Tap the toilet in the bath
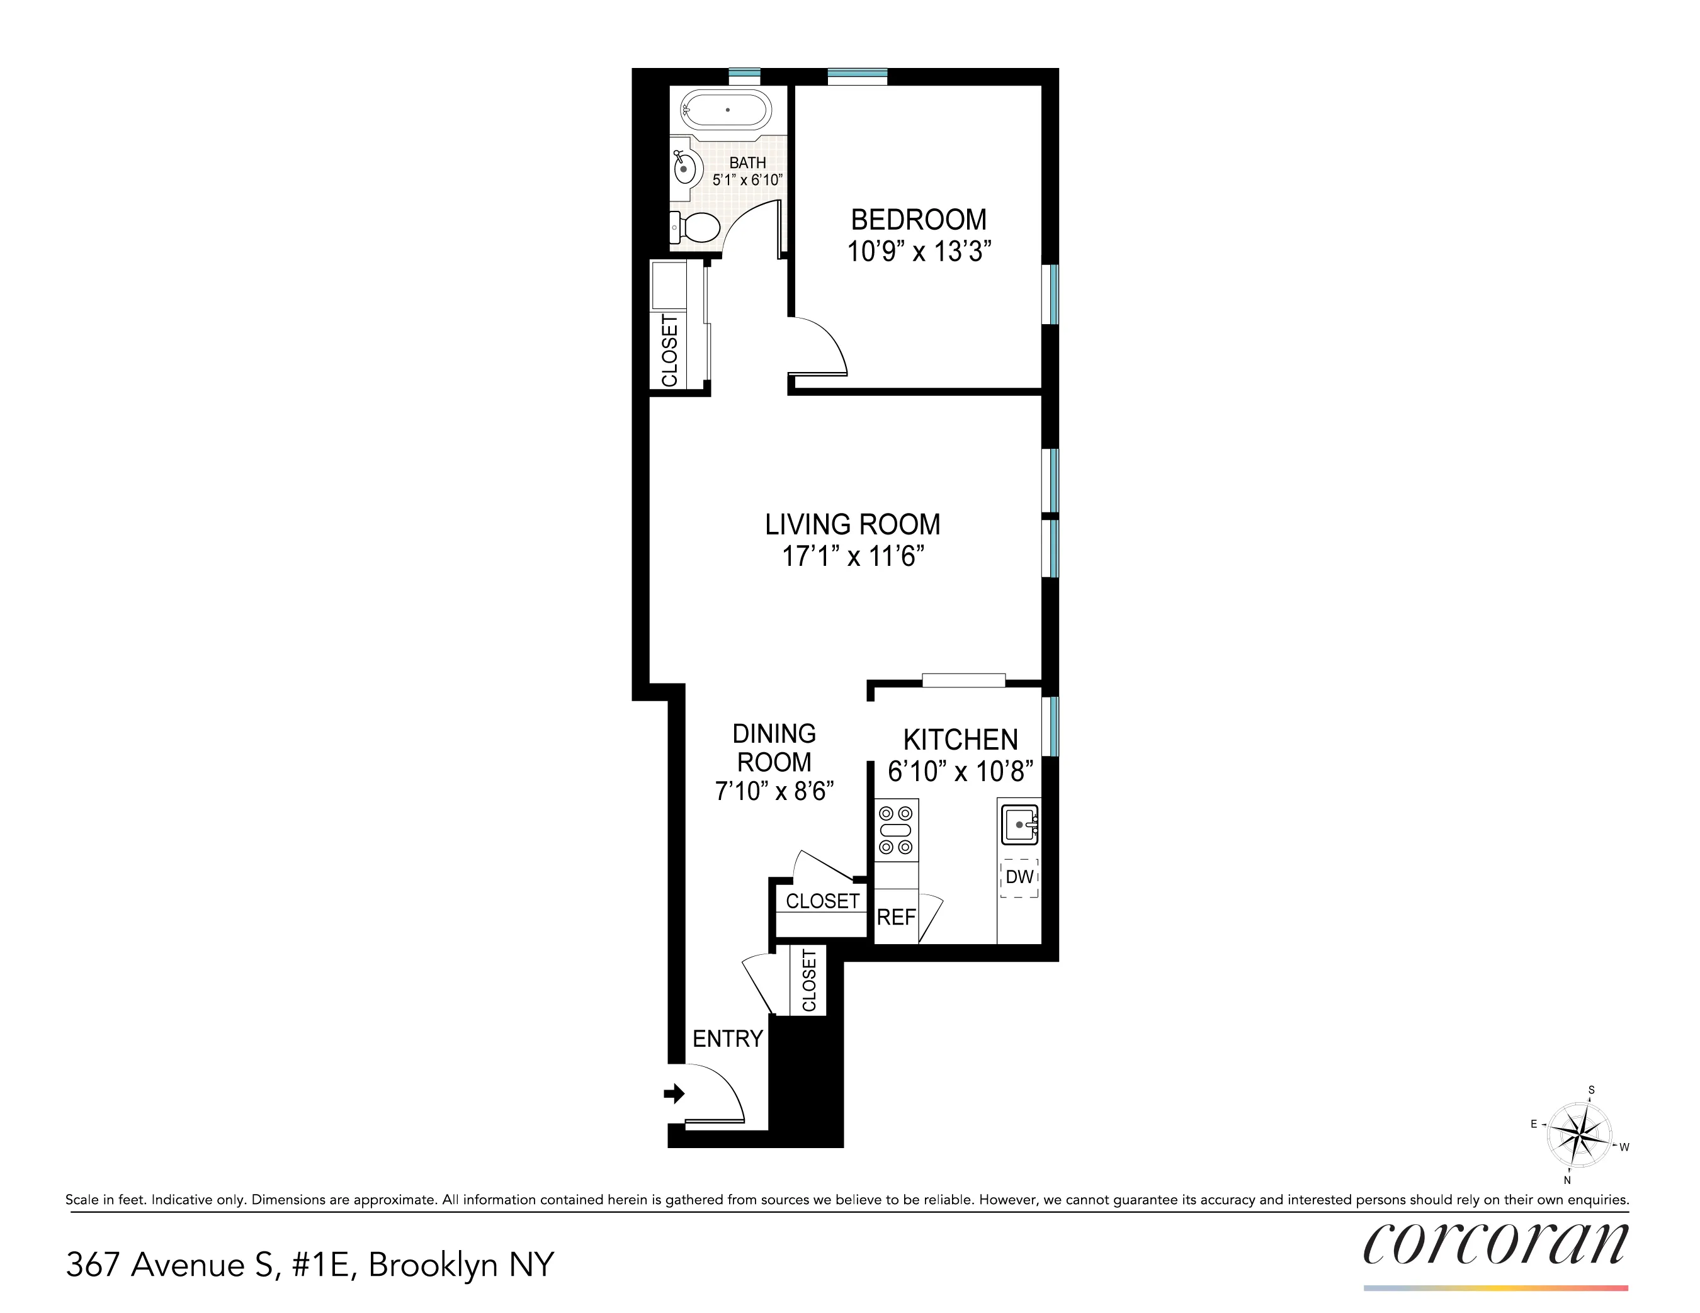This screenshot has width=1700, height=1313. coord(696,227)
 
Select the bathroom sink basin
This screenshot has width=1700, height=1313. coord(686,167)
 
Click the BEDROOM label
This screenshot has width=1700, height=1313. coord(919,220)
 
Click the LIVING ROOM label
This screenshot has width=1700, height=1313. coord(853,524)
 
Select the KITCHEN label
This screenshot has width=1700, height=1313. coord(960,740)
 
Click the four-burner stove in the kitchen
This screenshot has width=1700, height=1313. coord(896,830)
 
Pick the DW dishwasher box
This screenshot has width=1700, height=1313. coord(1019,877)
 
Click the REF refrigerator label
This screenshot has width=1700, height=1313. coord(896,918)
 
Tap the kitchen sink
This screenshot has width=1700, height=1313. coord(1019,824)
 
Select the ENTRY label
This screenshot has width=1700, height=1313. coord(727,1039)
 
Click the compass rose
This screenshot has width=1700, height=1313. coord(1578,1135)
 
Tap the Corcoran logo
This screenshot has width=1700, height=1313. coord(1495,1244)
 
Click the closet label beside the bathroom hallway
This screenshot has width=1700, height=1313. coord(669,350)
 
